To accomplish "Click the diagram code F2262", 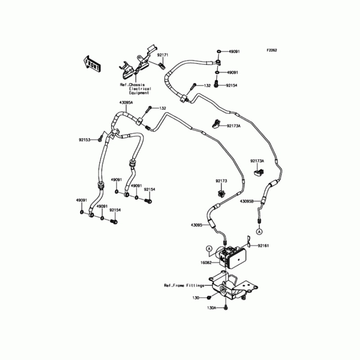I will (270, 50).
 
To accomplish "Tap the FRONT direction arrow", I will (91, 63).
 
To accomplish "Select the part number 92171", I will (162, 55).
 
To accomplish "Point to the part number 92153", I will (85, 140).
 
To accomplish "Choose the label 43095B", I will (247, 201).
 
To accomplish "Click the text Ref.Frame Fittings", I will (184, 285).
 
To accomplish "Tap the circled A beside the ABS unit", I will (209, 248).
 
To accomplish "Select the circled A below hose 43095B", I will (259, 231).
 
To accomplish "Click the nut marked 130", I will (210, 298).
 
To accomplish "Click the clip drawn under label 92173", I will (221, 193).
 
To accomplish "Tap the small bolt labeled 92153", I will (100, 140).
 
